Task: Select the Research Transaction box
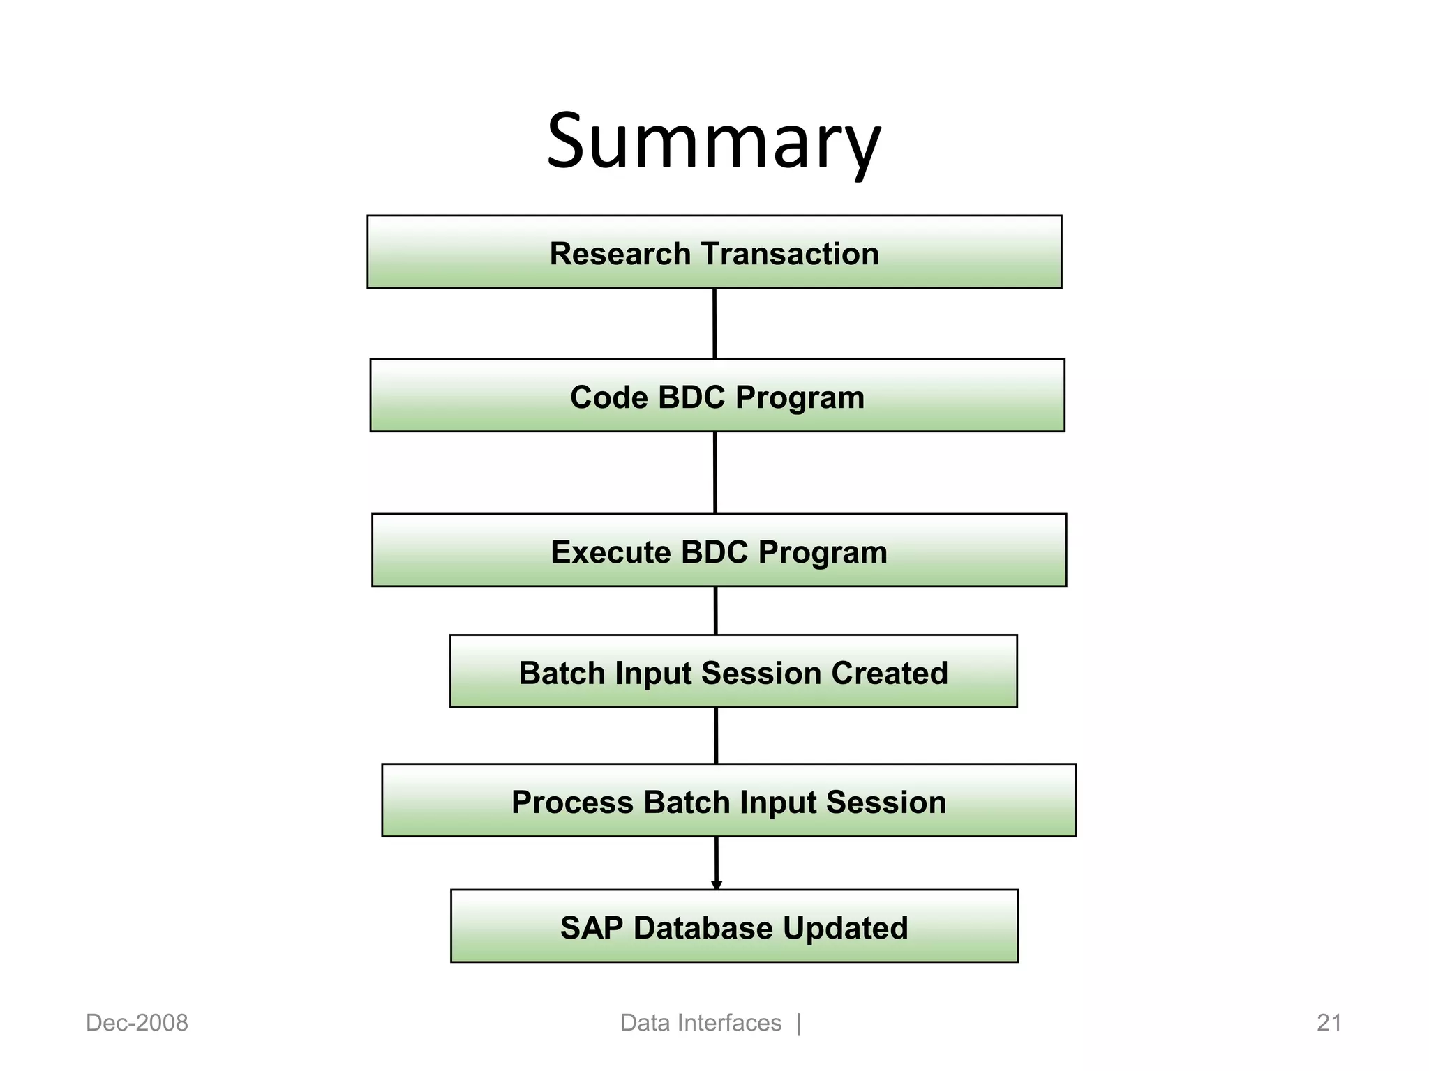click(714, 252)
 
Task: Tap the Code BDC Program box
click(717, 395)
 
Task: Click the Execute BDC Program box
click(719, 550)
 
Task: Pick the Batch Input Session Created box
click(733, 671)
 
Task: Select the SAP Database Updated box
click(734, 926)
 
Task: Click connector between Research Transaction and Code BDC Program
click(714, 324)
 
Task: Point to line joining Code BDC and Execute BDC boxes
click(715, 473)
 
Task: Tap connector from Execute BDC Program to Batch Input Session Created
click(716, 610)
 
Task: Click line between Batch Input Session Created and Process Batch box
click(716, 736)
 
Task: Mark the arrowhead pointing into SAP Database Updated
click(717, 885)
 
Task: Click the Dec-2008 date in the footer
click(137, 1023)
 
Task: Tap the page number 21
click(1329, 1023)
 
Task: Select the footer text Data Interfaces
click(701, 1023)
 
